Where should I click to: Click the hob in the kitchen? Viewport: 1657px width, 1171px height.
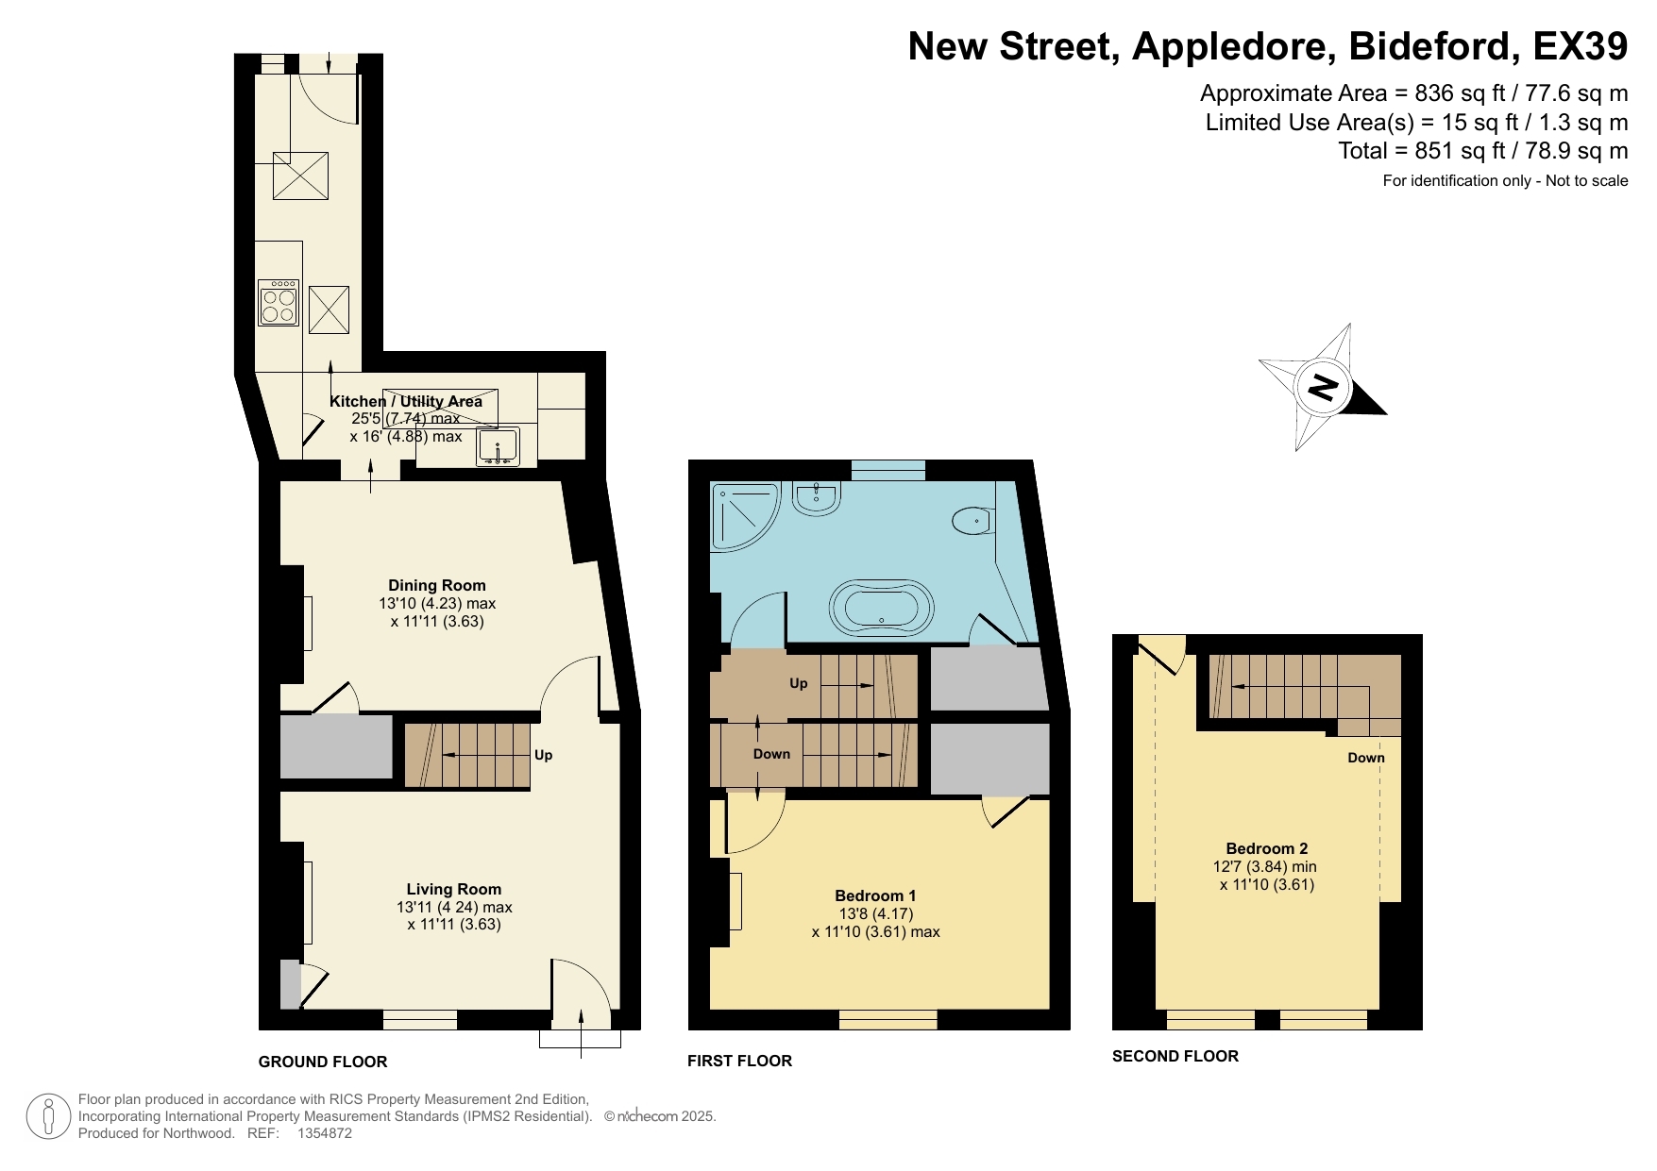point(279,303)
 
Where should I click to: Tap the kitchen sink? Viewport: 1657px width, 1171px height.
point(498,446)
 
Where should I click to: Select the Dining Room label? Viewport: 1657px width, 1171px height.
point(437,585)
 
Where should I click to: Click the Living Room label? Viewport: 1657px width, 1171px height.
point(454,889)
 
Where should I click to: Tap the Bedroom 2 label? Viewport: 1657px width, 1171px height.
point(1266,848)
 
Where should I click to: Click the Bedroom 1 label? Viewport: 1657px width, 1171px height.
point(875,895)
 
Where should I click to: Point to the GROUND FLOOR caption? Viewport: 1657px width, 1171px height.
point(323,1062)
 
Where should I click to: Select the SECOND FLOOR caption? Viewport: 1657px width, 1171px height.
point(1175,1056)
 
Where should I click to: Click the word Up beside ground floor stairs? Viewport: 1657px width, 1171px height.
point(543,755)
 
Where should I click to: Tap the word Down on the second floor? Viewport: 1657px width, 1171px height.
point(1365,758)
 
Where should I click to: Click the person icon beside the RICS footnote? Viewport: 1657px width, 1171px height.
point(48,1116)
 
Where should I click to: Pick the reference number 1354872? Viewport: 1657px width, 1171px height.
point(324,1133)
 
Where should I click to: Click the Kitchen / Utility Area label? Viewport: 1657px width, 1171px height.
point(405,401)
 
